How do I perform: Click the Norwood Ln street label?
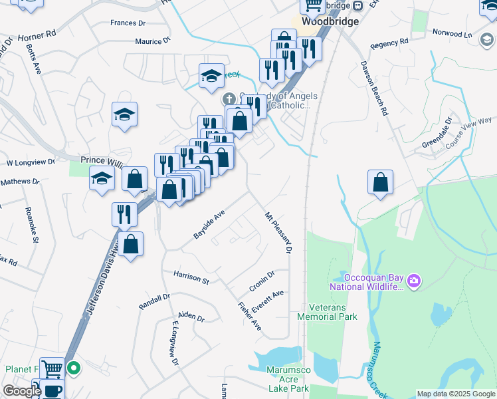click(x=451, y=33)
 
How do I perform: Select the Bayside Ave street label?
click(x=210, y=225)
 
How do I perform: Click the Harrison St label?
click(x=191, y=277)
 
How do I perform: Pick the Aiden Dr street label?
click(x=191, y=317)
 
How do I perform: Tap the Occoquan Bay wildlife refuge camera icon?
click(x=414, y=281)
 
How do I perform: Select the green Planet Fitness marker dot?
click(x=74, y=366)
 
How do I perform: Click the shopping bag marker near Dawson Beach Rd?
click(x=380, y=182)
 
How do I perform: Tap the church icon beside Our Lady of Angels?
click(x=228, y=99)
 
